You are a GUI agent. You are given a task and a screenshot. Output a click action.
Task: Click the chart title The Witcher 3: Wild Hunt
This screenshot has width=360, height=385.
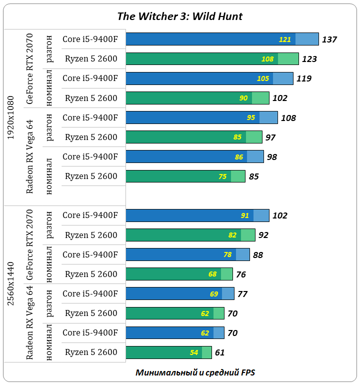tap(179, 16)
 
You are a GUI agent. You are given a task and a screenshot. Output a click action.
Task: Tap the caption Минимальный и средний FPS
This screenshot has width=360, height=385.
tap(195, 372)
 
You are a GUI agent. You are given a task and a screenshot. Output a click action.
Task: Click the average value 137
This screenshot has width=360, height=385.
tap(329, 39)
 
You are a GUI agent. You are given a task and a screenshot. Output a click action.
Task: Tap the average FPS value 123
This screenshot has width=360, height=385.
tap(309, 59)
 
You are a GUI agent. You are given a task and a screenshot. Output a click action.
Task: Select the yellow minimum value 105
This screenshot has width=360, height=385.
tap(263, 78)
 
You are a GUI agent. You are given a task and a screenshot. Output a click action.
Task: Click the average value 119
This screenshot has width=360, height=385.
tap(303, 78)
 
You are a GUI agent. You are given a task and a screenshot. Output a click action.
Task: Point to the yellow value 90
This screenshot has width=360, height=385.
tap(243, 98)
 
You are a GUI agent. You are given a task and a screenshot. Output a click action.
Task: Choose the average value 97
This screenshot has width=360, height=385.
tap(270, 137)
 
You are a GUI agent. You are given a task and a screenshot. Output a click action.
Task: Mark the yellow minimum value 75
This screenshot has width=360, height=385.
tap(222, 176)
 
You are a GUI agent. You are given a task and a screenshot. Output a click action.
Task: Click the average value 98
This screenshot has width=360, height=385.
tap(272, 157)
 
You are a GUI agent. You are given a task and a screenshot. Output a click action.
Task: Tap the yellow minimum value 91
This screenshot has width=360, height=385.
tap(245, 216)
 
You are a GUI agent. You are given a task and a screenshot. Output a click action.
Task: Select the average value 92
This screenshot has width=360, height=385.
tap(263, 235)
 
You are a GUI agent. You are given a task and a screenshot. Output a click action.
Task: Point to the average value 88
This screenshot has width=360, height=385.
tap(258, 255)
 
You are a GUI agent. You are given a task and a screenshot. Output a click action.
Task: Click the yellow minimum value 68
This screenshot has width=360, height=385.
tap(212, 274)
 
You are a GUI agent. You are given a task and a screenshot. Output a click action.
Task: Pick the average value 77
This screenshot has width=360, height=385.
tap(242, 294)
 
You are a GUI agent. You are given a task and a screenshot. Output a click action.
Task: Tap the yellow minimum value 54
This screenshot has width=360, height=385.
tap(194, 352)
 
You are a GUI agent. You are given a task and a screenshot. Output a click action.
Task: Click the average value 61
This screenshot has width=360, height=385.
tap(219, 352)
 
